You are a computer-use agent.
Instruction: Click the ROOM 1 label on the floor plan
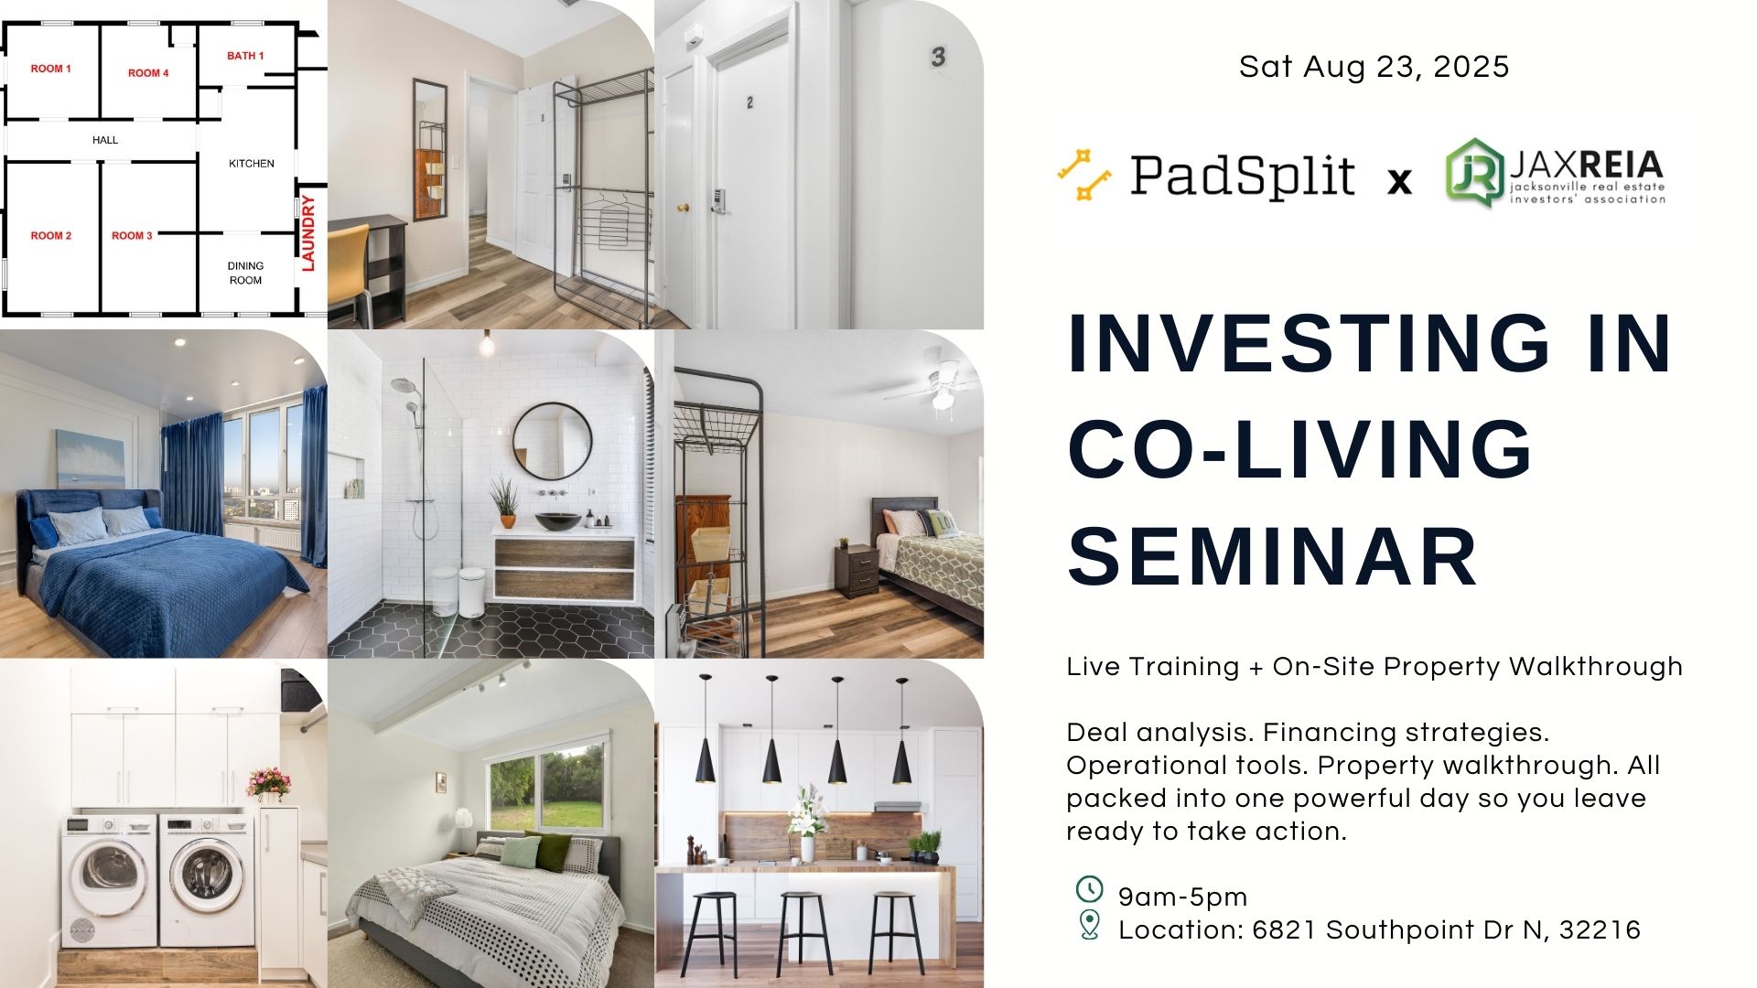[51, 69]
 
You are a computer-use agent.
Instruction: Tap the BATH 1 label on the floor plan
[245, 56]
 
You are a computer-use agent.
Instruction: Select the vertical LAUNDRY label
[308, 232]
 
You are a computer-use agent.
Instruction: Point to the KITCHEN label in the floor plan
[252, 164]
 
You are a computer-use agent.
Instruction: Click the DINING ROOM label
[245, 273]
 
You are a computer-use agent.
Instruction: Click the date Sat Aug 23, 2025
[1374, 67]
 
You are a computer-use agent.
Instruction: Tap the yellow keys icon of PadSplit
[1084, 174]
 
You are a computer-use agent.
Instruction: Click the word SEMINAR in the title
[1273, 556]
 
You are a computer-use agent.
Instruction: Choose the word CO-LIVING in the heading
[1299, 449]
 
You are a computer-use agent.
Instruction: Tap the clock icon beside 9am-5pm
[1089, 888]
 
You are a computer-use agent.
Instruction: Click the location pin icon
[1089, 925]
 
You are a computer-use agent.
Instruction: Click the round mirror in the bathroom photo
[552, 442]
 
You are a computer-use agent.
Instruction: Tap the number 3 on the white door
[938, 57]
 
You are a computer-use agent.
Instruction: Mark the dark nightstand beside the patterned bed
[857, 571]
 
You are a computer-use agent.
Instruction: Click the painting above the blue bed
[90, 459]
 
